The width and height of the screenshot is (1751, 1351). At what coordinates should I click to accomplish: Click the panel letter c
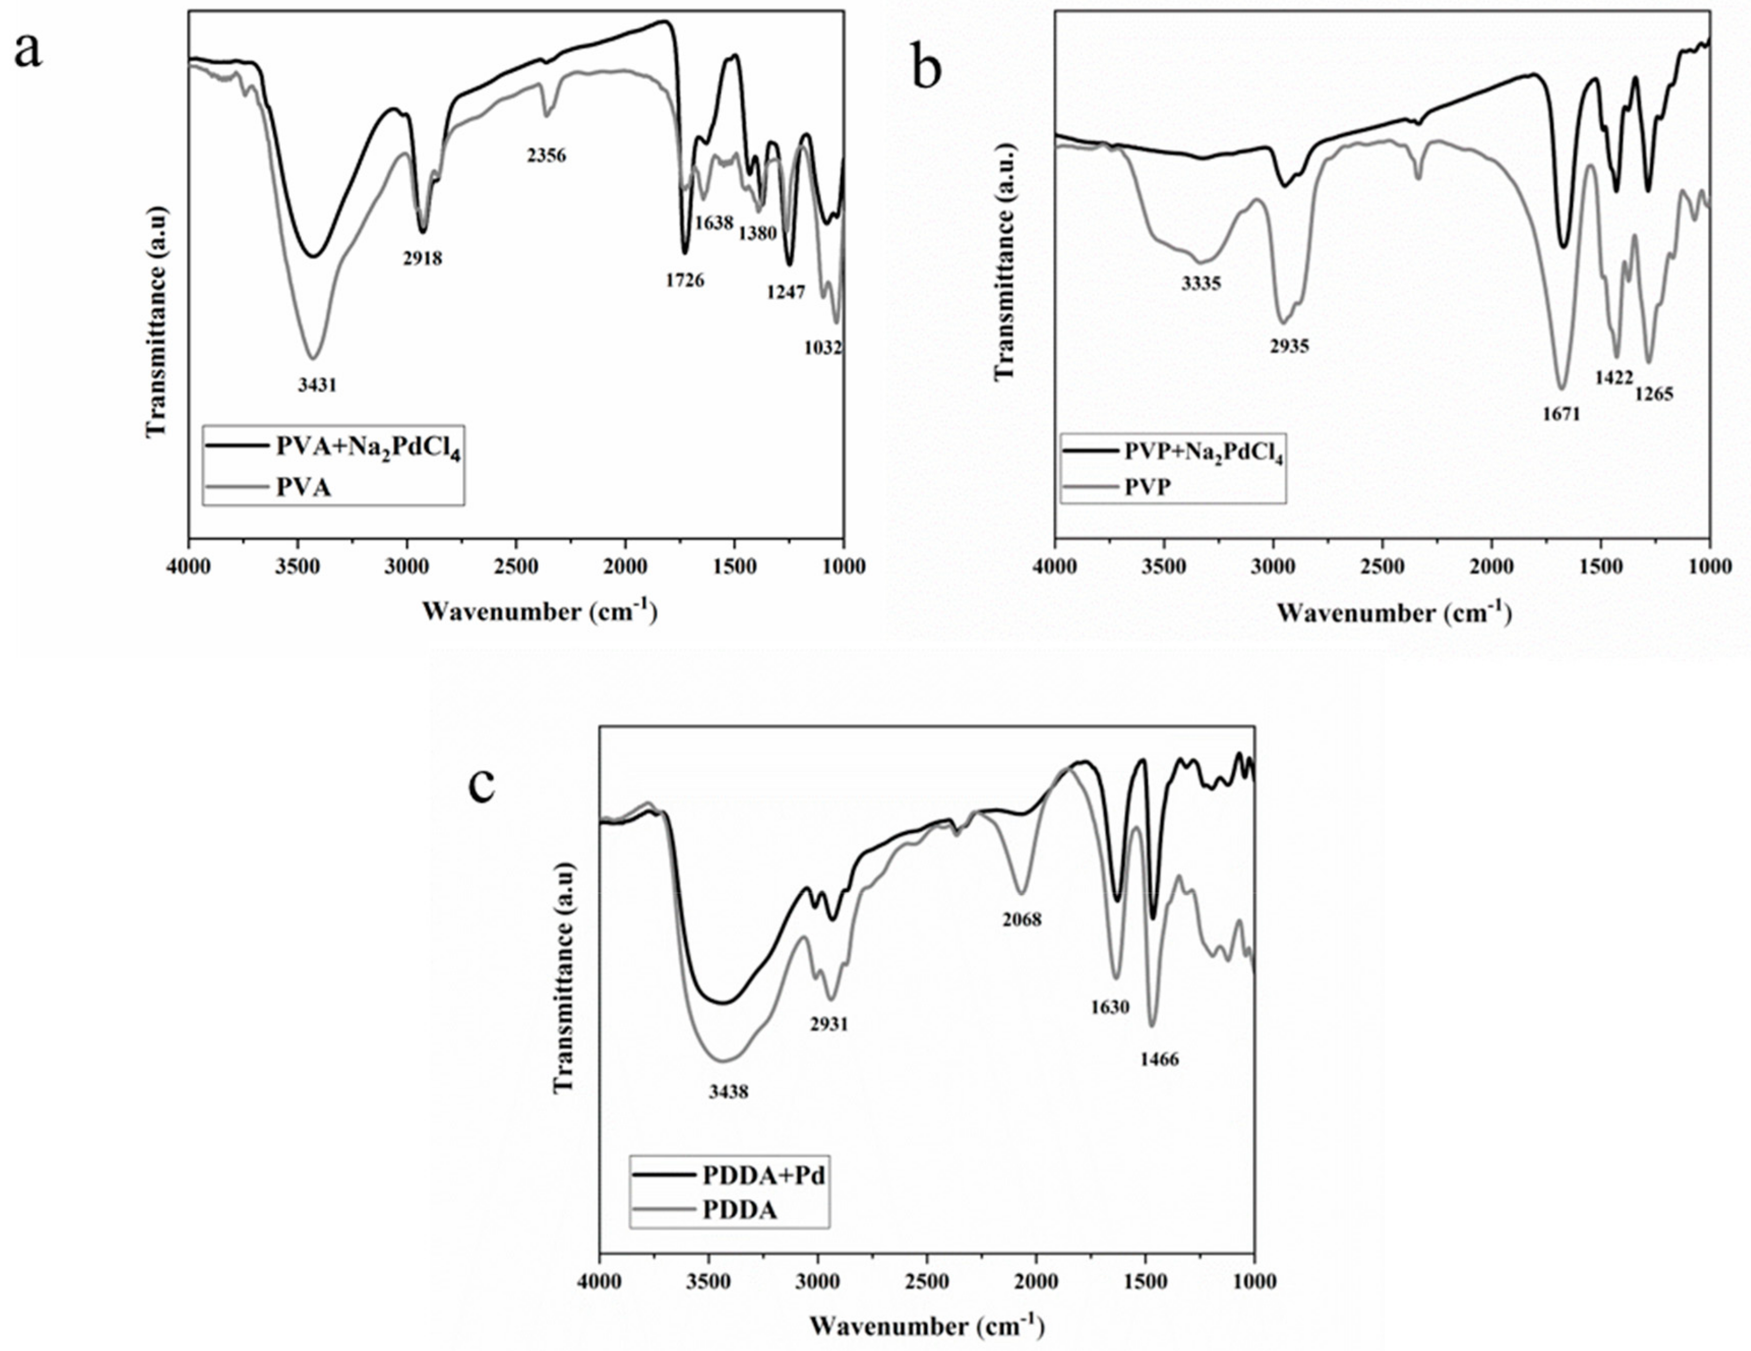[482, 786]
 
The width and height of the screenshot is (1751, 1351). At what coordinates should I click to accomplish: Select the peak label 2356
[546, 156]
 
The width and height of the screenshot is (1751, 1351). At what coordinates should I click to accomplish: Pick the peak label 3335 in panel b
[1201, 283]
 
